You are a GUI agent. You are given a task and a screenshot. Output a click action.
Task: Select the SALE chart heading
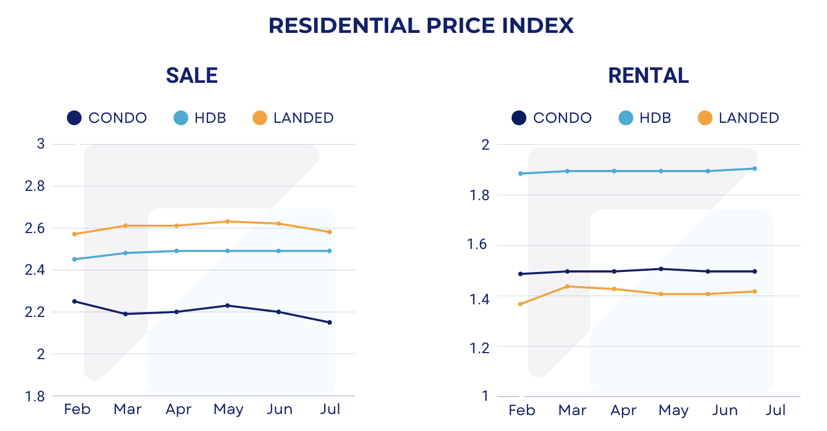point(192,76)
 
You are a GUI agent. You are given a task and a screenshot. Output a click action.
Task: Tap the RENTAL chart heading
point(648,76)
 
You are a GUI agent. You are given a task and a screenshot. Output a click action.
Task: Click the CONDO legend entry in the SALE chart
point(107,118)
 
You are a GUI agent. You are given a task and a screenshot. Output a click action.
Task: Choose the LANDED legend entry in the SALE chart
point(293,118)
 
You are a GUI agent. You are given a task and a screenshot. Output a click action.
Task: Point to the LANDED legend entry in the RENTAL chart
point(738,118)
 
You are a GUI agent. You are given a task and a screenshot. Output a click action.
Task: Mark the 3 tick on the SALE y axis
point(40,144)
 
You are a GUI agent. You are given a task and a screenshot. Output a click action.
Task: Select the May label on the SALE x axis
point(228,410)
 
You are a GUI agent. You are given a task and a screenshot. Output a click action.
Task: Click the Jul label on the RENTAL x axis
point(775,411)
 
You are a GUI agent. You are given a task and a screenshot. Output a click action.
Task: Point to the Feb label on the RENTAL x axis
point(522,411)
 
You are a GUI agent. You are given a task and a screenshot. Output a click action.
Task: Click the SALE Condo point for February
point(75,301)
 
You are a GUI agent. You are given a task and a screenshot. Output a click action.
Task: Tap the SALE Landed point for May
point(228,222)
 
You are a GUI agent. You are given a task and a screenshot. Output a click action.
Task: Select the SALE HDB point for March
point(125,253)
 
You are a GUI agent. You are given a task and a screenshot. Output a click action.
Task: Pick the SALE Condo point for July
point(330,322)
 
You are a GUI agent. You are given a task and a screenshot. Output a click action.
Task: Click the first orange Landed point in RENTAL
point(520,304)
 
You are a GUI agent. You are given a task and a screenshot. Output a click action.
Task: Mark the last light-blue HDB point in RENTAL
point(755,168)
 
